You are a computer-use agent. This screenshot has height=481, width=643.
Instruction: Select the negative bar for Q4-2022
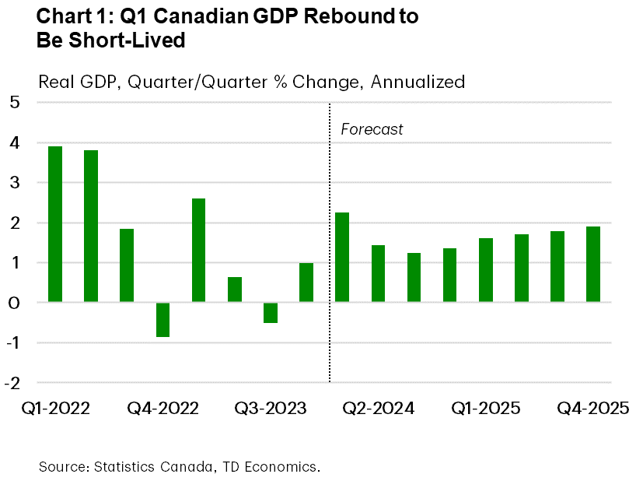pos(162,320)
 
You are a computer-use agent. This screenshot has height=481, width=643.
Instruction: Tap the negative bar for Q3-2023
pos(270,312)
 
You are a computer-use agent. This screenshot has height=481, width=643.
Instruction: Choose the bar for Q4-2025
pos(593,264)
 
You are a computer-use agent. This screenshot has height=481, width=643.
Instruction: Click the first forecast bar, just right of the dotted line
pos(342,257)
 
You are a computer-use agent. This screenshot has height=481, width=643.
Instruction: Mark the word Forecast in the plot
pos(372,129)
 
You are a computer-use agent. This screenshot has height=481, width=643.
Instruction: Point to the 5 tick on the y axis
pos(16,103)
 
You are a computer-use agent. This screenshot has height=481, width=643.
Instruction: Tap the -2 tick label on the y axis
pos(12,382)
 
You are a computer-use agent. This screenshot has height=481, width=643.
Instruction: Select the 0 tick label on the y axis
pos(16,302)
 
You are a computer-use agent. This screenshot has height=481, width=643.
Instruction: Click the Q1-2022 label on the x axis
pos(54,409)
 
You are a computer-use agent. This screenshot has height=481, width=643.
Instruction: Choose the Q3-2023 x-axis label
pos(270,409)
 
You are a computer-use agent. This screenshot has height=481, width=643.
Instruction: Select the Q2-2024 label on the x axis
pos(378,409)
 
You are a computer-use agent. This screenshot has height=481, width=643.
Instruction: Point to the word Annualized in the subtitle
pos(418,82)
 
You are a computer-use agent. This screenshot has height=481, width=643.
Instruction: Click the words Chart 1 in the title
pos(70,16)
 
